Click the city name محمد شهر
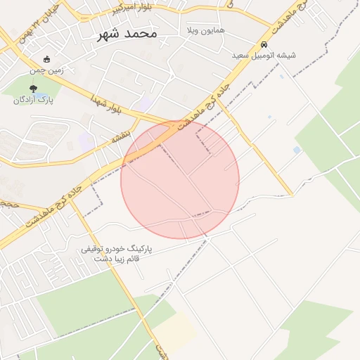coord(127,33)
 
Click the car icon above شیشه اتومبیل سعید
coord(264,41)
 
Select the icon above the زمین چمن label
coord(46,59)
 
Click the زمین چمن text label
coord(46,70)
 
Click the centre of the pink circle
coord(180,180)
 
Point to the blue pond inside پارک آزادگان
coord(41,95)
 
